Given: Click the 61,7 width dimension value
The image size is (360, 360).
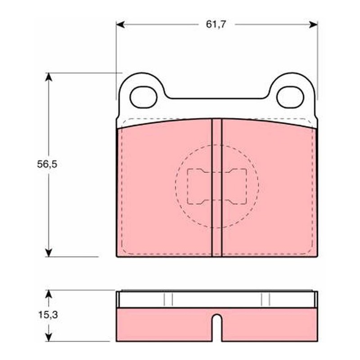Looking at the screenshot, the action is [216, 24].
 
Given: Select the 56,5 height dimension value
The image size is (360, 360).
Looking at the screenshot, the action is [47, 164].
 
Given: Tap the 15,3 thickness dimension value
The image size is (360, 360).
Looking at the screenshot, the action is [48, 315].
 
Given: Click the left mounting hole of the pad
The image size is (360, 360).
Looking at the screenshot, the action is [144, 97].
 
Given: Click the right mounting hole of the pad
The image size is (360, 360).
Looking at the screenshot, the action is [290, 97].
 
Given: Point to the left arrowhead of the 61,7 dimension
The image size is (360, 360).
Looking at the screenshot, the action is [120, 24].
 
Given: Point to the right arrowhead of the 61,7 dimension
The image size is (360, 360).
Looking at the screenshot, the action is [313, 24].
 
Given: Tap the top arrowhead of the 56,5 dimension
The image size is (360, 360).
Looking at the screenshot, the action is [49, 77].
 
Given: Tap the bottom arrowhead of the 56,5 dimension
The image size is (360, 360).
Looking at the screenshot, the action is [49, 252].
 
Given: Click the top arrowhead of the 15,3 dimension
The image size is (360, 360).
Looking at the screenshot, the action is [49, 294].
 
